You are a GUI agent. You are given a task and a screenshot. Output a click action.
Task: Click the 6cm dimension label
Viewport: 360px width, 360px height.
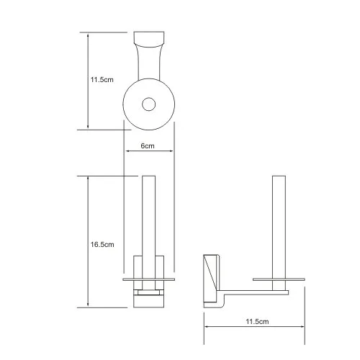tap(148, 145)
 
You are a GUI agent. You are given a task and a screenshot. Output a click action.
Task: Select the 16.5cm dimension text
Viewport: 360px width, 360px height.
tap(102, 245)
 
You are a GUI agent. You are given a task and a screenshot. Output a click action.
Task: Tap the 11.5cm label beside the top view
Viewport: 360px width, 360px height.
tap(102, 80)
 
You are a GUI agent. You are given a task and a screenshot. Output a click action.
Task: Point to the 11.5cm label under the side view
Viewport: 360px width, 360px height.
tap(257, 322)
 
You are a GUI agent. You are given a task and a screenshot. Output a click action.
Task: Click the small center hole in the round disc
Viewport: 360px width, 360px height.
tap(149, 104)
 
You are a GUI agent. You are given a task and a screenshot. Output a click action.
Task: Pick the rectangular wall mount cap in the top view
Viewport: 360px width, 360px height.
tap(149, 39)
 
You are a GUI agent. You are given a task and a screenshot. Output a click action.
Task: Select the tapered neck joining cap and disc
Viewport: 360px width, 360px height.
tap(149, 63)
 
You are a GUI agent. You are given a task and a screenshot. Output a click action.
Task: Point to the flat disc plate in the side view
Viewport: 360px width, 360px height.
tap(279, 279)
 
